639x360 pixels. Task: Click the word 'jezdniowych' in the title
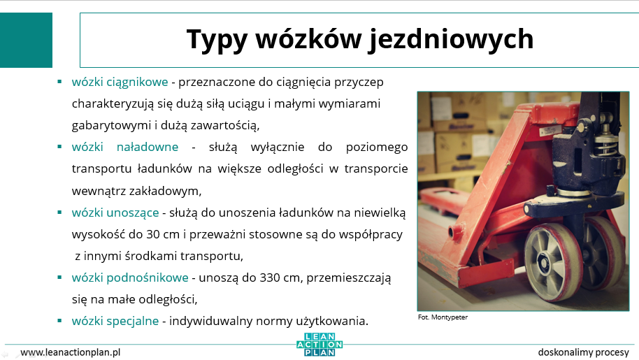click(x=451, y=40)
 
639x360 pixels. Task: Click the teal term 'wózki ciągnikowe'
click(x=120, y=82)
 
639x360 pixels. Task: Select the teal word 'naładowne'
click(x=148, y=147)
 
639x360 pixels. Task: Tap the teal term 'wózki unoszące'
click(x=115, y=213)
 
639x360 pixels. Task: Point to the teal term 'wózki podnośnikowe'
click(x=130, y=278)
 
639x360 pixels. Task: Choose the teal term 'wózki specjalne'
click(x=115, y=321)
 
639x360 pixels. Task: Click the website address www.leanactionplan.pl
click(x=71, y=352)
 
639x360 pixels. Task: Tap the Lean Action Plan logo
click(x=320, y=345)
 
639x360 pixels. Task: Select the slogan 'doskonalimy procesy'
click(x=584, y=352)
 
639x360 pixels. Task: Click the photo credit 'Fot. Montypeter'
click(x=443, y=317)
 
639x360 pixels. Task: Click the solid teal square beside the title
click(x=26, y=40)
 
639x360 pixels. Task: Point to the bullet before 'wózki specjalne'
click(x=59, y=321)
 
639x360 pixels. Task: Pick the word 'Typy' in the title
click(x=217, y=41)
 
